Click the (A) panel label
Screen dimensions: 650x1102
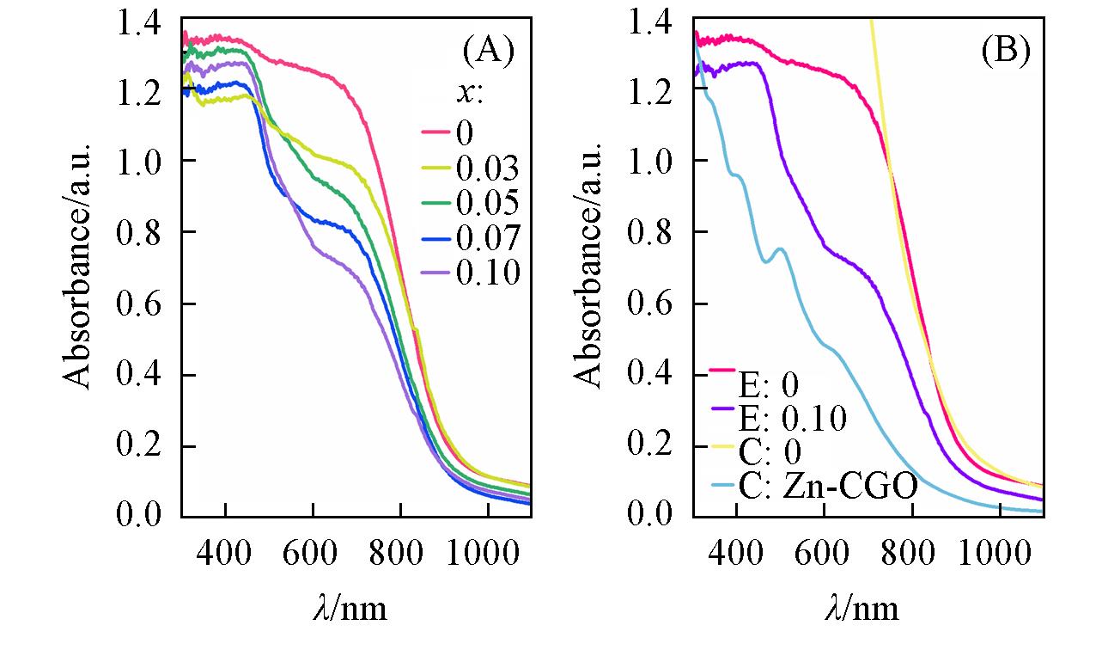click(487, 52)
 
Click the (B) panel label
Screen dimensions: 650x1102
click(1004, 52)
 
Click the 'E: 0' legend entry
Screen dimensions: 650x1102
click(769, 383)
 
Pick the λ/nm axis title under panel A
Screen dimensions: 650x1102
click(349, 609)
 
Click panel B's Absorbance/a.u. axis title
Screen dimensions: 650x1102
click(591, 267)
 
